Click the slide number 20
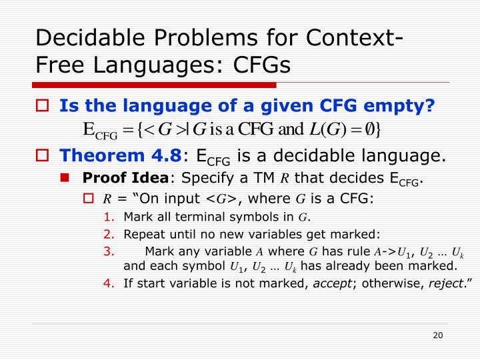pos(437,335)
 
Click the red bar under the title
pos(155,85)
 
